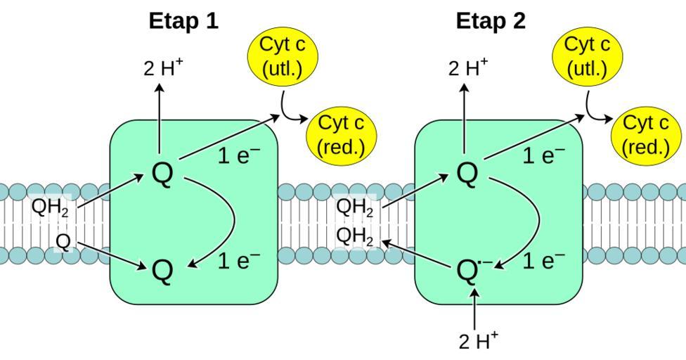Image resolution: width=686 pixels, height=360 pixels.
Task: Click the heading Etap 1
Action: [x=183, y=21]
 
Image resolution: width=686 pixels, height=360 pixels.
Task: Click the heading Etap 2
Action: [x=491, y=21]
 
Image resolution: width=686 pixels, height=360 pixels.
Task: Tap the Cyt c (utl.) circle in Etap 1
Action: [x=282, y=56]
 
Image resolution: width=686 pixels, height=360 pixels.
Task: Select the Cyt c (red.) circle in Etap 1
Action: [x=342, y=135]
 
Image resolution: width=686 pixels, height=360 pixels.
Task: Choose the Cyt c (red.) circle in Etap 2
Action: [x=646, y=135]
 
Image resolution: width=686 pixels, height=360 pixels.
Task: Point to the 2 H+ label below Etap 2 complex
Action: [x=478, y=341]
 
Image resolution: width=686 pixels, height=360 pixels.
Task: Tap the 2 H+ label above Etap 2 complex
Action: [x=467, y=68]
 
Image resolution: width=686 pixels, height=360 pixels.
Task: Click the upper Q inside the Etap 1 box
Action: [x=162, y=174]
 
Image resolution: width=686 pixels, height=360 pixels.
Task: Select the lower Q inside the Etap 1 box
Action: [x=162, y=270]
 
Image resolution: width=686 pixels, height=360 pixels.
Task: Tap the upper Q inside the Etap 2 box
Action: [x=467, y=174]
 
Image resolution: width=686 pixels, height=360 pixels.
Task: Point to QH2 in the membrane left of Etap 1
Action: [x=50, y=208]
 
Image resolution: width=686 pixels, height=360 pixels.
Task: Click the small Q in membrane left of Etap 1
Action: [x=63, y=242]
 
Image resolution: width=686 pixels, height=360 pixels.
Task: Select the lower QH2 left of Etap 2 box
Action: [x=355, y=236]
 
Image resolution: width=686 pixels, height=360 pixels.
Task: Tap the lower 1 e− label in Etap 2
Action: [x=543, y=262]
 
